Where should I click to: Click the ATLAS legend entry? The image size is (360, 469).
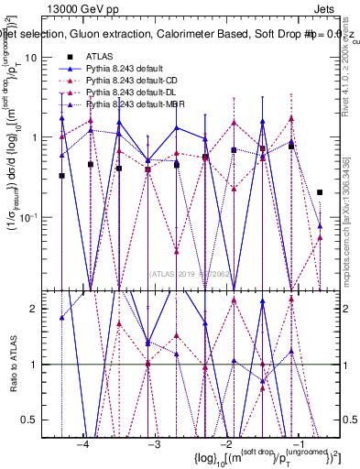tap(97, 57)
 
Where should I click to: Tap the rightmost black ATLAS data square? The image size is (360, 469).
tap(320, 192)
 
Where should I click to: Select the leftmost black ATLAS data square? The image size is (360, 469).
tap(61, 176)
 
